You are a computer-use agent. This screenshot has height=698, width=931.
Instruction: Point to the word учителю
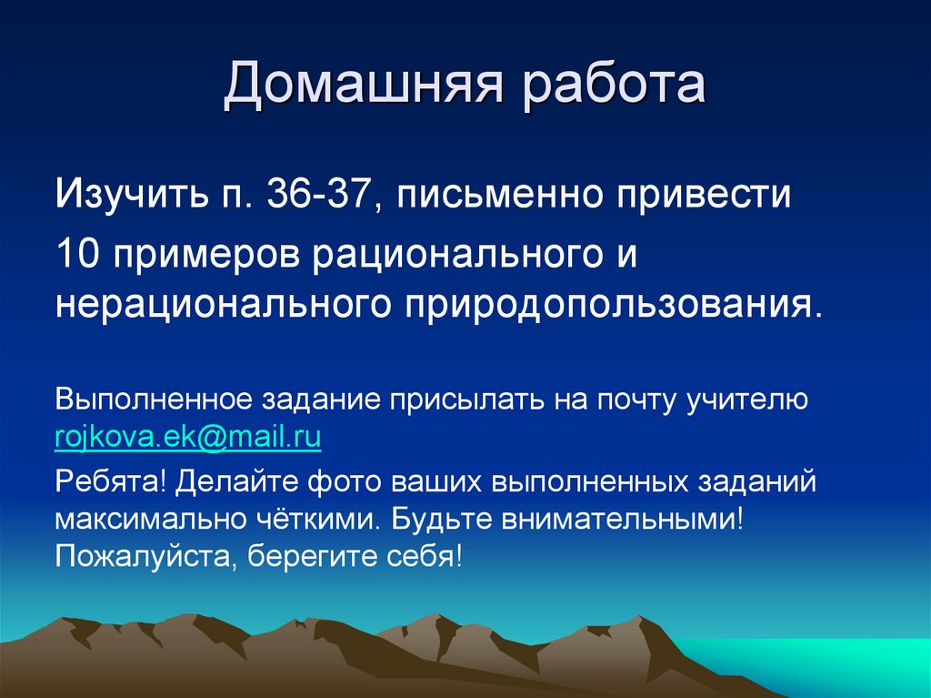click(747, 400)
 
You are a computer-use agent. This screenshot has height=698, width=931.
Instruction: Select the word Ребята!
click(109, 480)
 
